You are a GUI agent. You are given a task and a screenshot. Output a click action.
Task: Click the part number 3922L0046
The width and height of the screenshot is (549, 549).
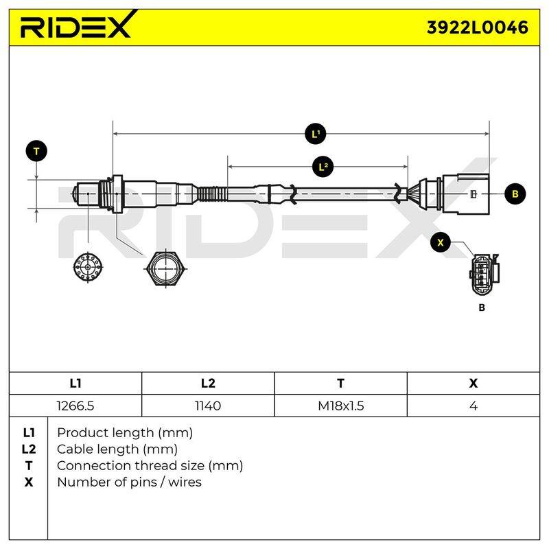point(477,27)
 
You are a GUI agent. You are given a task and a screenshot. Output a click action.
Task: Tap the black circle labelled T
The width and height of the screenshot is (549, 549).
point(36,151)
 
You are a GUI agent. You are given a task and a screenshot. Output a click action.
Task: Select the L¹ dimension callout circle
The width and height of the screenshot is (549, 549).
point(316,134)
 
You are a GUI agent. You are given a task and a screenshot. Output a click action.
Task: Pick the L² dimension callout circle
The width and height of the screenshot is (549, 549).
point(323,167)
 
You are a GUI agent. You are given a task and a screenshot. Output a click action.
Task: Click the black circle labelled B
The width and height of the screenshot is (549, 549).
point(515,194)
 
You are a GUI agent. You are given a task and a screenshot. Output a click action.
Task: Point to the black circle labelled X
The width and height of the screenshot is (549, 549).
point(441,242)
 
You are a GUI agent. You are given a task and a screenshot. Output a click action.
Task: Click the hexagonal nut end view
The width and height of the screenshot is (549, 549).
point(165,269)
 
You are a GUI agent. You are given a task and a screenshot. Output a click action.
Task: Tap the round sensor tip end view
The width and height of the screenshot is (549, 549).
point(88,267)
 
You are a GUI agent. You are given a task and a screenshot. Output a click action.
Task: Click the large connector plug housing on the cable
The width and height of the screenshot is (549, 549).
point(466,194)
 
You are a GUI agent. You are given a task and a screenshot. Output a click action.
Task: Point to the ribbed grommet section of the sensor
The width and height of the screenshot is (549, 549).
point(213,194)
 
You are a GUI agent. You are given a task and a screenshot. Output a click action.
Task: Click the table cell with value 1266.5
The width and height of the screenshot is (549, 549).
point(75,406)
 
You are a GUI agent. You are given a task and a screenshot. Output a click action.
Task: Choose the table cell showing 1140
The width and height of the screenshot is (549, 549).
point(208,406)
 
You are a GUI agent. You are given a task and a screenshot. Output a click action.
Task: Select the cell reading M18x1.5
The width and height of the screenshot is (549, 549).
point(340,406)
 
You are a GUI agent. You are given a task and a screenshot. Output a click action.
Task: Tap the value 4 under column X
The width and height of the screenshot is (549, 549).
point(474,406)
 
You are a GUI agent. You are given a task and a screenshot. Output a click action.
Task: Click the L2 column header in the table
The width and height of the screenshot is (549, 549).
point(208,384)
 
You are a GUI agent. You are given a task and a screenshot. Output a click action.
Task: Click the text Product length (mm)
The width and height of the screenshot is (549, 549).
point(125,433)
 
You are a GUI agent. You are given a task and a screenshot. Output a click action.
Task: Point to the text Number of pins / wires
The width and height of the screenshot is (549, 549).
point(129,482)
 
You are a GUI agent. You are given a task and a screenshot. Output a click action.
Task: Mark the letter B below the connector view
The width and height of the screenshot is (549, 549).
point(482,307)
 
